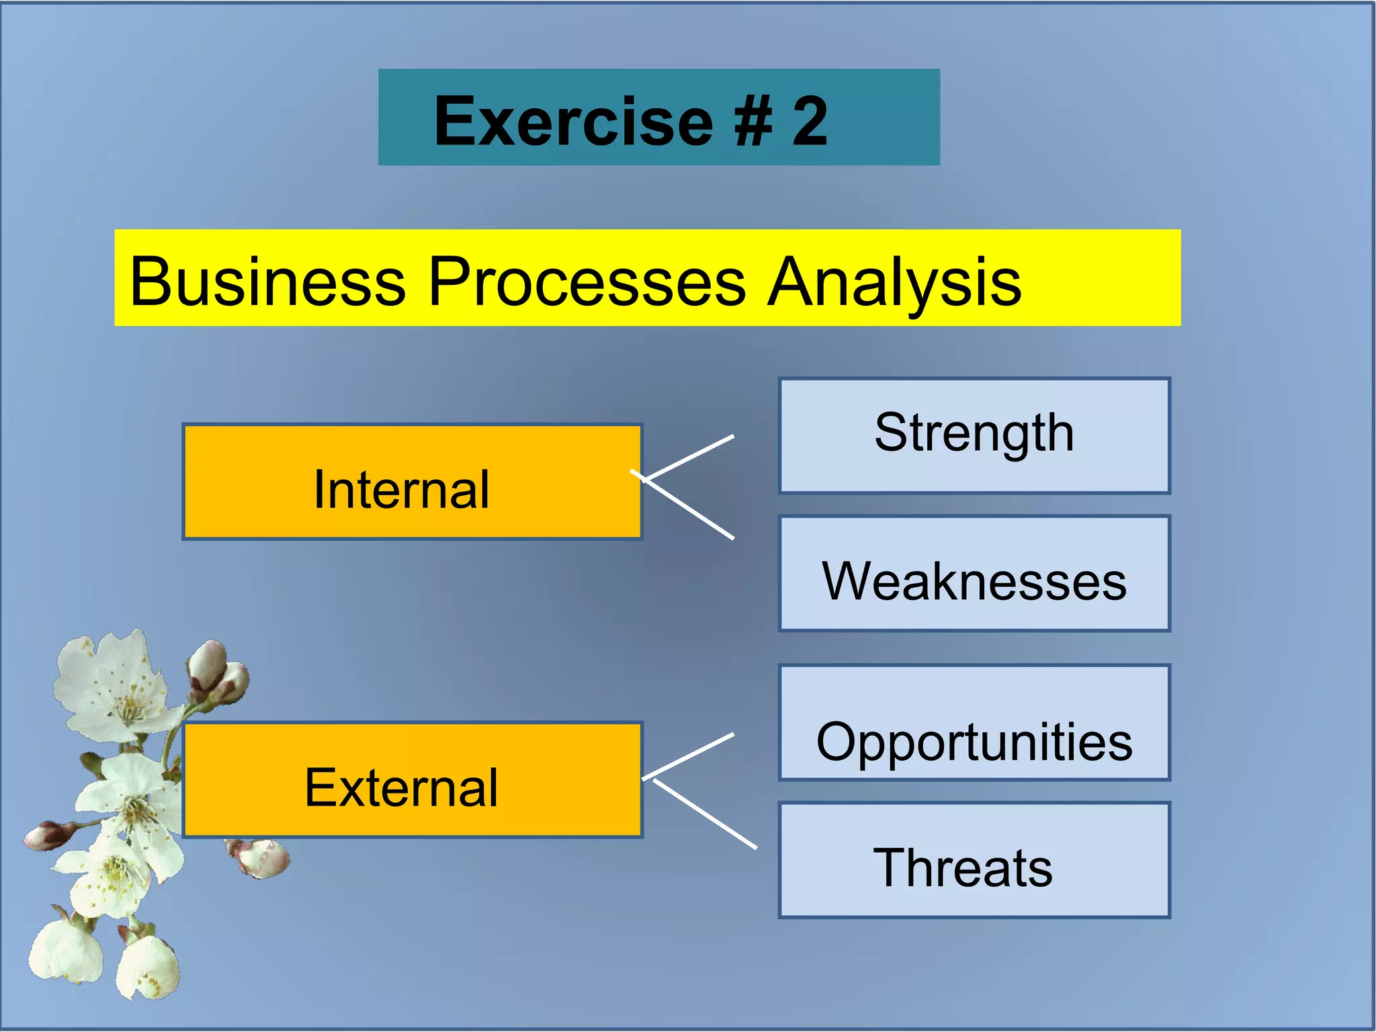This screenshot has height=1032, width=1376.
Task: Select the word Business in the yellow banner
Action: tap(267, 282)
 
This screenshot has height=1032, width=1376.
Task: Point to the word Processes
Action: tap(587, 282)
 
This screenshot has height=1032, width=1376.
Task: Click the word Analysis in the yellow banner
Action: tap(894, 282)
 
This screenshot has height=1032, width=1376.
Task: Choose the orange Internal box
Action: tap(412, 482)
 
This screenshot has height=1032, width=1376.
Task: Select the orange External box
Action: tap(412, 780)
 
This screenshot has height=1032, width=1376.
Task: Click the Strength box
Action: tap(974, 435)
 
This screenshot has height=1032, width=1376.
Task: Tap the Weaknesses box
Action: tap(974, 574)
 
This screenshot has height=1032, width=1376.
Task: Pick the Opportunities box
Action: tap(974, 723)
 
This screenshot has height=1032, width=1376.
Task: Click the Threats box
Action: tap(974, 860)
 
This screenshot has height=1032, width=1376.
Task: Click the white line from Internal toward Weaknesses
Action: tap(689, 508)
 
